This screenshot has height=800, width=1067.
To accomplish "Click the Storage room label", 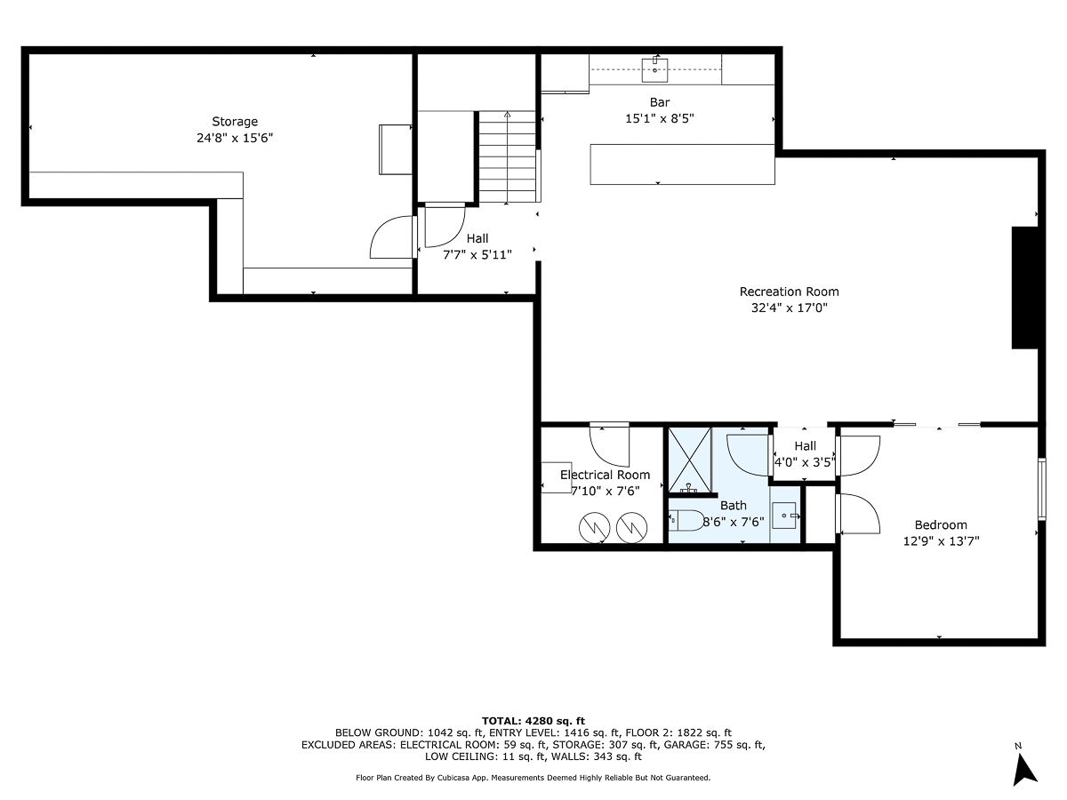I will tap(235, 122).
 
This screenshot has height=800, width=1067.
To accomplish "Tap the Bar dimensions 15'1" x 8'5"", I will tap(659, 118).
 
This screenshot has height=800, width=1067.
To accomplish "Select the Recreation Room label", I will tap(789, 292).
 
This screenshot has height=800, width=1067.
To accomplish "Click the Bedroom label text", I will tap(941, 524).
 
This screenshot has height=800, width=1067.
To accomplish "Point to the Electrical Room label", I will tap(605, 475).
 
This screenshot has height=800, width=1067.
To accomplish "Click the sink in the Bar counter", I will tap(655, 67).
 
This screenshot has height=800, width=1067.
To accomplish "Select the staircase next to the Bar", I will tap(508, 156).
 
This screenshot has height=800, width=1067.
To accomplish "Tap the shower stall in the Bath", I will tap(690, 460).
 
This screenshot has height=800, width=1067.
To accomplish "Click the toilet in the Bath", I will tap(685, 521).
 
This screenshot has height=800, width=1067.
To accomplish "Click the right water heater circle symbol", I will tap(630, 528).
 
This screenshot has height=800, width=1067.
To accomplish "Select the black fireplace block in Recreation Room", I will tap(1024, 288).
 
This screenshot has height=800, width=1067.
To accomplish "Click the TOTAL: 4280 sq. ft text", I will tap(533, 720).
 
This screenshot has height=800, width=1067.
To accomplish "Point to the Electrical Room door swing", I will tap(609, 443).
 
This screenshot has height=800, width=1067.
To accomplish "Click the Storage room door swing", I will tap(392, 239).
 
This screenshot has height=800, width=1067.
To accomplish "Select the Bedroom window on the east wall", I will tap(1043, 488).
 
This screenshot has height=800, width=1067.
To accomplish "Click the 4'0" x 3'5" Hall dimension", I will tap(805, 462).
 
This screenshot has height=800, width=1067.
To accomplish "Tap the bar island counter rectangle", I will tap(682, 164).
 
